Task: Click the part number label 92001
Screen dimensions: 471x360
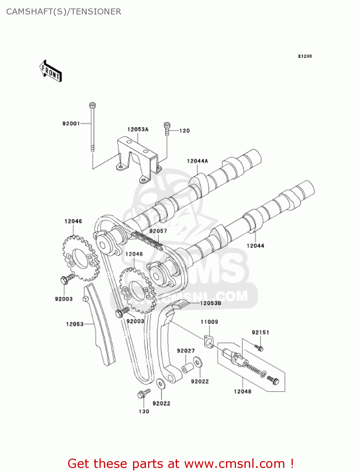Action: pyautogui.click(x=71, y=123)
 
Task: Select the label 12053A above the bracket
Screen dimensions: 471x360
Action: pyautogui.click(x=138, y=129)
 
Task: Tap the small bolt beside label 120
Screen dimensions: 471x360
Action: pyautogui.click(x=167, y=129)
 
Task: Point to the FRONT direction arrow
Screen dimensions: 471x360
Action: pyautogui.click(x=51, y=71)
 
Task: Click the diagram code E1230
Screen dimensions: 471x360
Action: pyautogui.click(x=305, y=56)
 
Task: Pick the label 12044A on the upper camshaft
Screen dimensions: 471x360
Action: pyautogui.click(x=197, y=161)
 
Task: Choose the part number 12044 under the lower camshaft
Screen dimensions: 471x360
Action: pyautogui.click(x=255, y=246)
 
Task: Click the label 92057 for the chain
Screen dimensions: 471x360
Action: pyautogui.click(x=158, y=231)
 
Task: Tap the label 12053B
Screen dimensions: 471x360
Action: pyautogui.click(x=210, y=303)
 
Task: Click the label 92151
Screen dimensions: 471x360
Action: pyautogui.click(x=260, y=332)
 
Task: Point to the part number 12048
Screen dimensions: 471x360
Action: pyautogui.click(x=242, y=391)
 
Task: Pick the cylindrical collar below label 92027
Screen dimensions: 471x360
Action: pyautogui.click(x=188, y=367)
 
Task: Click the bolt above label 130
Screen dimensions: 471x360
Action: pyautogui.click(x=143, y=394)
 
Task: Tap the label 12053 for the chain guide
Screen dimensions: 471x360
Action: pyautogui.click(x=75, y=324)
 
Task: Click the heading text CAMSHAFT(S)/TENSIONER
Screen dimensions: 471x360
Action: pyautogui.click(x=64, y=12)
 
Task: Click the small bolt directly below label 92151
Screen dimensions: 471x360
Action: pyautogui.click(x=260, y=348)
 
